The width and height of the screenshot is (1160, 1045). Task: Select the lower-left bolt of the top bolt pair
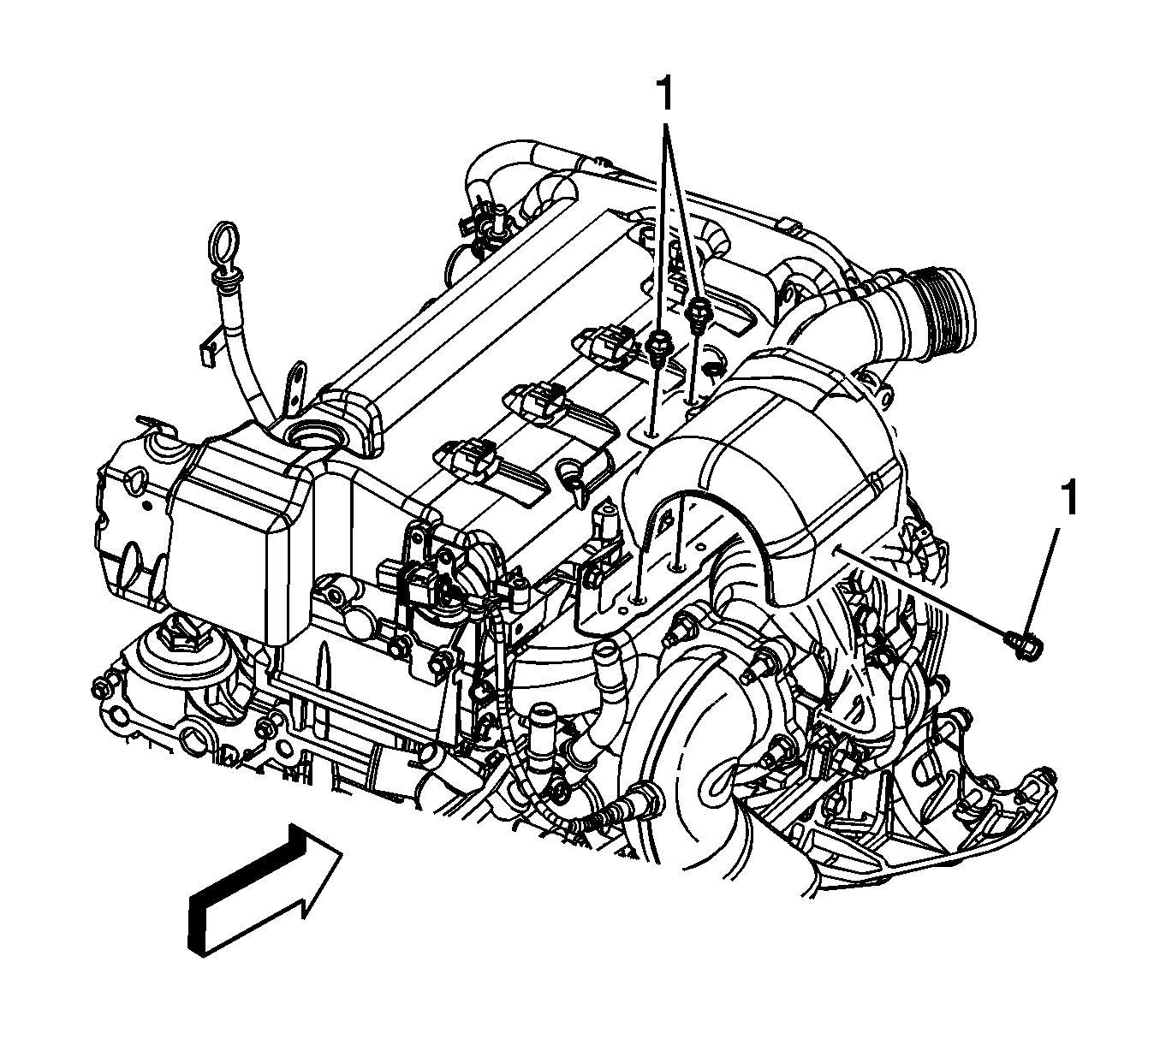click(x=656, y=349)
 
